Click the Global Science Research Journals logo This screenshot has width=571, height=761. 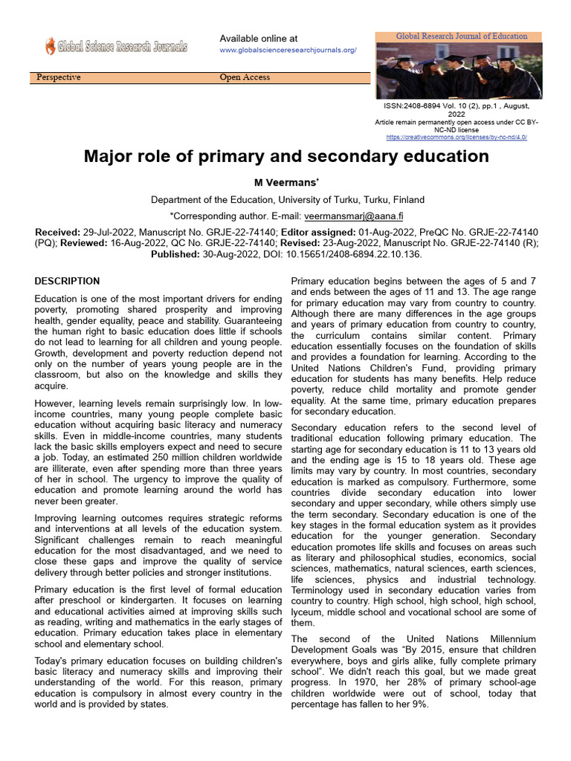tap(115, 47)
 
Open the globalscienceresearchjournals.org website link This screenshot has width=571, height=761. tap(288, 50)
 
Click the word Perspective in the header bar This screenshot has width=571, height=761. tap(59, 77)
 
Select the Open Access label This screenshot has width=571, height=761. tap(245, 77)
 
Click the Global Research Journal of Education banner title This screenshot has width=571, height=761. tap(461, 36)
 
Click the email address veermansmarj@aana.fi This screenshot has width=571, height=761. tap(353, 216)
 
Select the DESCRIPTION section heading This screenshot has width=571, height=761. tap(67, 282)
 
